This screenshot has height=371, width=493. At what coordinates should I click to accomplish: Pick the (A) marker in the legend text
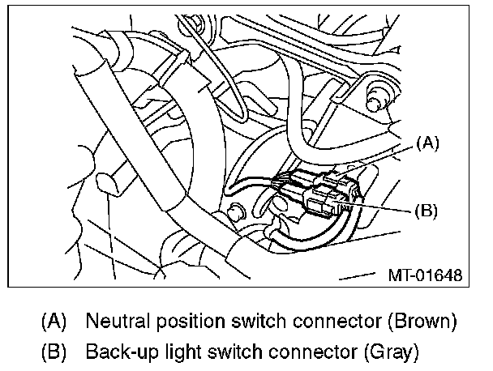pyautogui.click(x=54, y=321)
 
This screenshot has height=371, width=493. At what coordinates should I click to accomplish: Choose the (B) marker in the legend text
pyautogui.click(x=54, y=352)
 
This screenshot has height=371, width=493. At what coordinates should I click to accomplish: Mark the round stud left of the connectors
pyautogui.click(x=236, y=212)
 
